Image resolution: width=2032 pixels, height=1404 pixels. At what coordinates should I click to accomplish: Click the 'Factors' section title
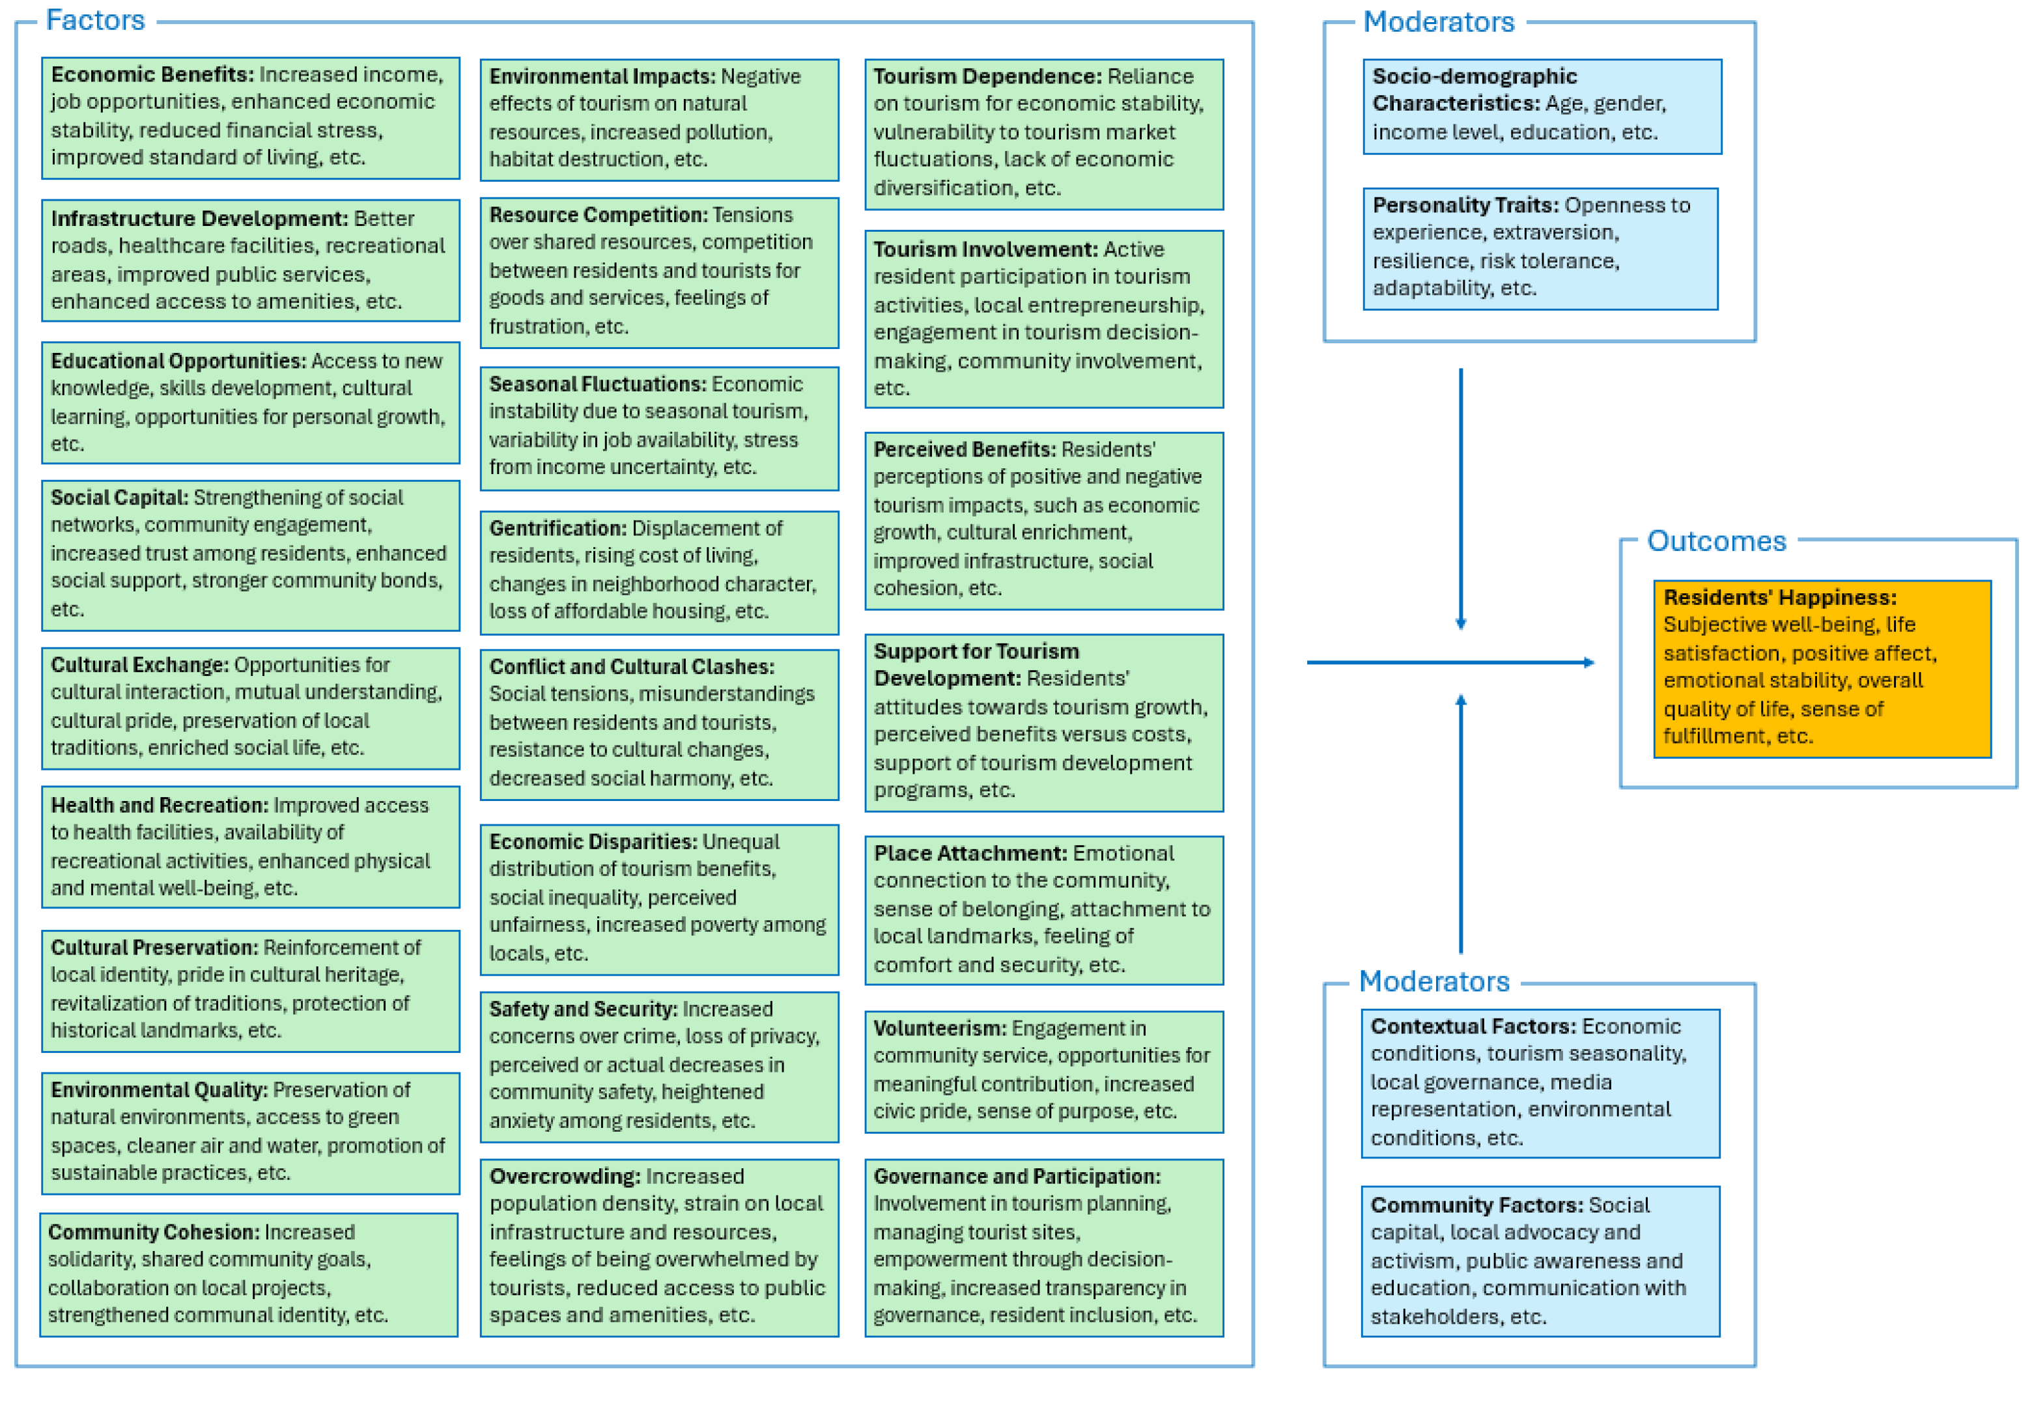click(95, 20)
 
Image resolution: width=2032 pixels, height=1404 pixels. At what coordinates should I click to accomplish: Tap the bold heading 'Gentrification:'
click(557, 528)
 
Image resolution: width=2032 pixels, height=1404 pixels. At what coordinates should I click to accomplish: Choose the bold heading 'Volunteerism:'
click(939, 1028)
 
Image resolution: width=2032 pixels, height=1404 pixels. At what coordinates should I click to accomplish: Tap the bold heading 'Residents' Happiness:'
click(1779, 597)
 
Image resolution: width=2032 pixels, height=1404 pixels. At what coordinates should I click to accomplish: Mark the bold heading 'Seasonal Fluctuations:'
click(597, 384)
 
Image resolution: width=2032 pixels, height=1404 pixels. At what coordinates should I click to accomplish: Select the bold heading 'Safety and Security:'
click(583, 1009)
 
